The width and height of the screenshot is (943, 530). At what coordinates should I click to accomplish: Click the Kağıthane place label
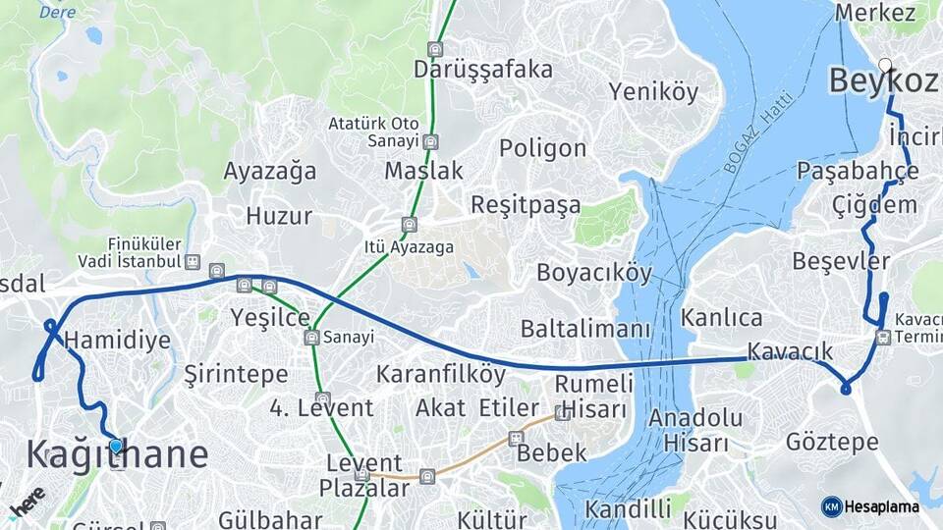pos(117,455)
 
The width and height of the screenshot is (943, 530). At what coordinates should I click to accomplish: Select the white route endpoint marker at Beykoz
pos(885,66)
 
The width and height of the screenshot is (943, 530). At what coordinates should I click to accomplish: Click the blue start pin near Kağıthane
pos(116,447)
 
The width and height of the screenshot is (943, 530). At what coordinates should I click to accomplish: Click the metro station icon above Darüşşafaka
pos(435,48)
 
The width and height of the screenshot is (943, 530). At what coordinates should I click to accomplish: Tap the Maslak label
pos(423,171)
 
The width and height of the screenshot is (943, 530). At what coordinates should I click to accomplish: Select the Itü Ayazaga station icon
pos(410,224)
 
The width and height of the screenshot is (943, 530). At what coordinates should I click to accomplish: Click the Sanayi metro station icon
pos(311,338)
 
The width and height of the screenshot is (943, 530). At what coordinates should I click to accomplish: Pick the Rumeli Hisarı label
pos(594,396)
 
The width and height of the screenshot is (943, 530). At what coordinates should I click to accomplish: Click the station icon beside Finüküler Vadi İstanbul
pos(192,262)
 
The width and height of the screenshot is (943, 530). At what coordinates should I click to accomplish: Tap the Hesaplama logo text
pos(882,506)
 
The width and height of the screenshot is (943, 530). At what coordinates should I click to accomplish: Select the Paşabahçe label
pos(859,171)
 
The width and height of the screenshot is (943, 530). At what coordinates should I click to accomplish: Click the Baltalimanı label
pos(585,328)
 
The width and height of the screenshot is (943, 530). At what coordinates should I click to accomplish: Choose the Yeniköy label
pos(653,92)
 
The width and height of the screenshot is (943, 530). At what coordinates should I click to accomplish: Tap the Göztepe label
pos(832,442)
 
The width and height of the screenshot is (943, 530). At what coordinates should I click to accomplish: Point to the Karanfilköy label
pos(441,374)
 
